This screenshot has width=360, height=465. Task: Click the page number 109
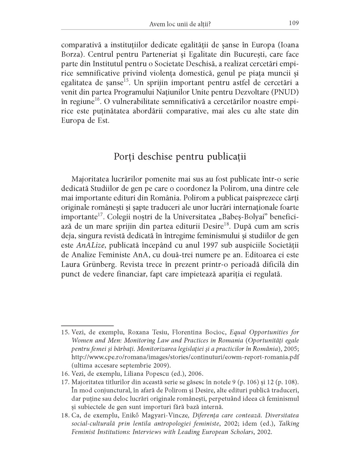(x=294, y=23)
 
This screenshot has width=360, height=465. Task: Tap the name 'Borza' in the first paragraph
(x=71, y=54)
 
